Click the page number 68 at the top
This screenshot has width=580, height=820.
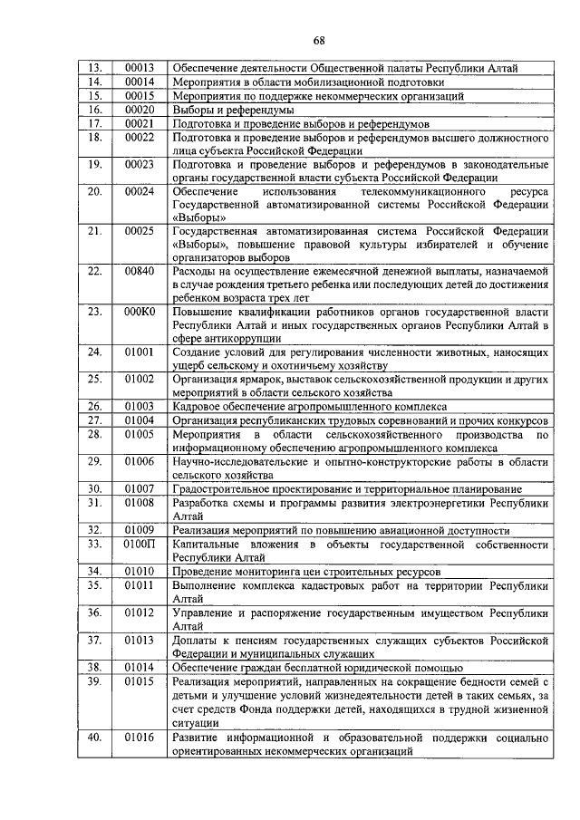pyautogui.click(x=318, y=40)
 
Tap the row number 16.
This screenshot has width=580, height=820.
pyautogui.click(x=93, y=109)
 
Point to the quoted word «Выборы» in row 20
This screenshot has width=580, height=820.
pyautogui.click(x=198, y=218)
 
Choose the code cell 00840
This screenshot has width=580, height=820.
pyautogui.click(x=139, y=271)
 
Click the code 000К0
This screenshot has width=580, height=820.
pyautogui.click(x=140, y=312)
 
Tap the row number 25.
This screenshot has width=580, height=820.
pyautogui.click(x=93, y=381)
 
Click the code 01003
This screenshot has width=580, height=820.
pyautogui.click(x=139, y=407)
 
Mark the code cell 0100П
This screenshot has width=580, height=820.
pyautogui.click(x=140, y=544)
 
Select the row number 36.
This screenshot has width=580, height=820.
pyautogui.click(x=93, y=613)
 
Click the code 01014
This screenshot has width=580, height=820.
pyautogui.click(x=139, y=667)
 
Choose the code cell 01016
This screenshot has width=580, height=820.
pyautogui.click(x=139, y=738)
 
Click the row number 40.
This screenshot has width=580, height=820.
pyautogui.click(x=93, y=738)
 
